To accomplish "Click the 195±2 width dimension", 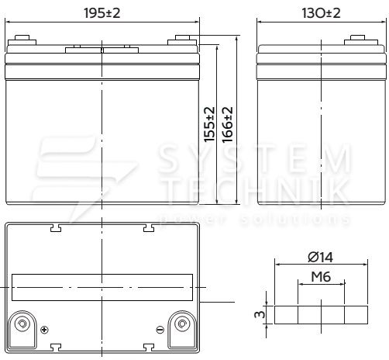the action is tap(102, 13).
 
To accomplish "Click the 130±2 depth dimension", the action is tap(321, 13).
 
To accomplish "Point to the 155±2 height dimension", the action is tap(209, 124).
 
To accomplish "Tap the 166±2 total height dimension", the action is tap(228, 125).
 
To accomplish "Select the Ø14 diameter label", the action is tap(321, 257).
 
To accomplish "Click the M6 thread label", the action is tap(321, 277).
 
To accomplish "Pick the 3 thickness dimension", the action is tap(260, 314).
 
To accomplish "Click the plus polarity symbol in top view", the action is tap(44, 330).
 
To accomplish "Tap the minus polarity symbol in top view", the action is tap(160, 330).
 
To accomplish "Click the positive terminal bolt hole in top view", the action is tap(22, 324).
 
